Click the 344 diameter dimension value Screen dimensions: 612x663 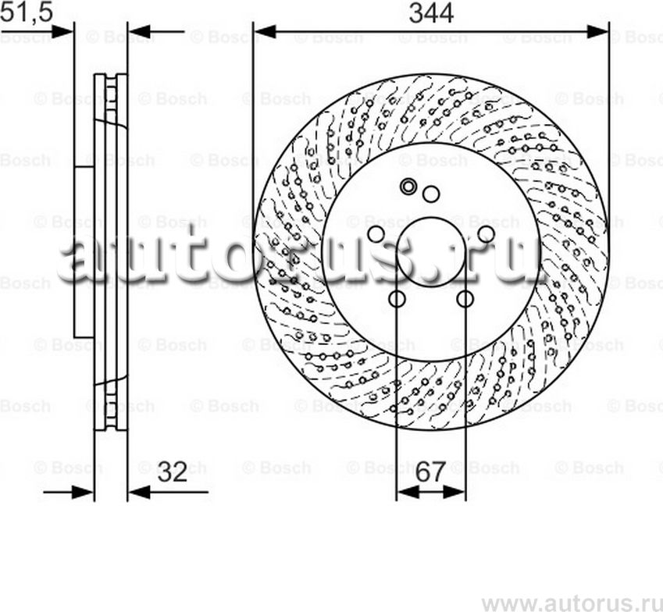431,12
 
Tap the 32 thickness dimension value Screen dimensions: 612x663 173,472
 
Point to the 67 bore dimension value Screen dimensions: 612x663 430,472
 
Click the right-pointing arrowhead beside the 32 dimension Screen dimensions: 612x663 82,493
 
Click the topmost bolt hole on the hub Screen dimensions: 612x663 430,194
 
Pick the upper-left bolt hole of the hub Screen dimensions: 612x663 376,234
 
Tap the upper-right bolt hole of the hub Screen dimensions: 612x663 486,234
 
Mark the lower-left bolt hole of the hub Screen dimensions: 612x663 397,299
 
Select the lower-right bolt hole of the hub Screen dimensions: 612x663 465,299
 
